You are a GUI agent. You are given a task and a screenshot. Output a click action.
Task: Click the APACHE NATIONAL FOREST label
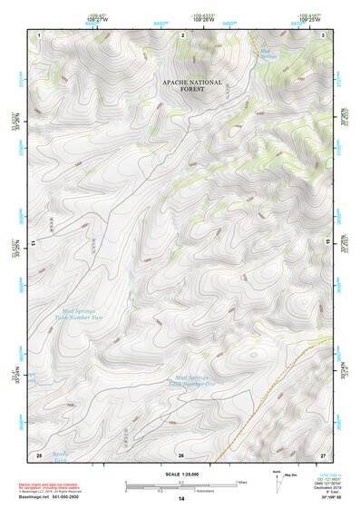click(x=191, y=84)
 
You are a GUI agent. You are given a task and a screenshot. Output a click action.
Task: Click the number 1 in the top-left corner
click(x=39, y=34)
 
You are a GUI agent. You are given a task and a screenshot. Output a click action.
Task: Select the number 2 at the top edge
click(x=183, y=34)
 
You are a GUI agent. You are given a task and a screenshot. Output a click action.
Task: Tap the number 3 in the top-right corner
click(x=325, y=34)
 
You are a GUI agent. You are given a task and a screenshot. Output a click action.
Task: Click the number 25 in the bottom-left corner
click(x=39, y=454)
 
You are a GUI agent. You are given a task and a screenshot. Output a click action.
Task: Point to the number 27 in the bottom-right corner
click(x=324, y=454)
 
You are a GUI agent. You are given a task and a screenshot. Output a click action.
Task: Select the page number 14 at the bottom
click(x=180, y=499)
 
